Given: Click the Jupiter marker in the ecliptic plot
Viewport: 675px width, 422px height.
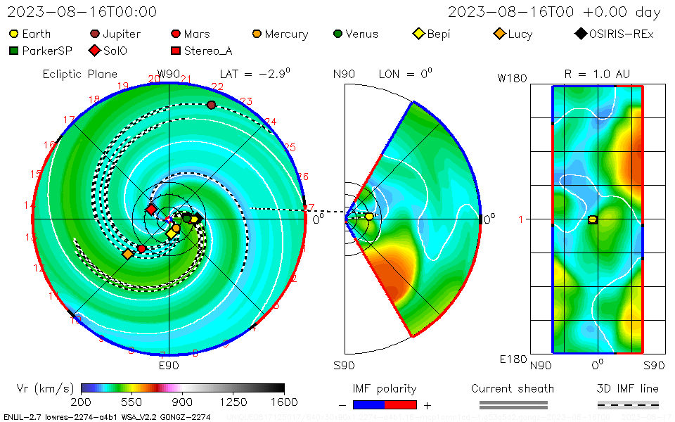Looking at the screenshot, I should click(211, 105).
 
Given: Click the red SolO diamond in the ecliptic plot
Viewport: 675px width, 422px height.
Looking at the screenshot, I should click(151, 209).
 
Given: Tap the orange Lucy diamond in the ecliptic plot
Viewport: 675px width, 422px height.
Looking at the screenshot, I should click(128, 254).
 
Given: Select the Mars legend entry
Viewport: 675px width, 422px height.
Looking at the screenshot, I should click(191, 34).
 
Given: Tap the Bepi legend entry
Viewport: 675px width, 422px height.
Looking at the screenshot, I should click(433, 34).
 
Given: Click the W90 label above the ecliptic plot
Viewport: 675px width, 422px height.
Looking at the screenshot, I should click(169, 74).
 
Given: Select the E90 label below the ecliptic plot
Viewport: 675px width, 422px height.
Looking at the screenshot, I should click(169, 366).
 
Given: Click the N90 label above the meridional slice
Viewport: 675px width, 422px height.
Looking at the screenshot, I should click(344, 74).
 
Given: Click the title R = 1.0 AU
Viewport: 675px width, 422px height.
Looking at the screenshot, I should click(597, 74).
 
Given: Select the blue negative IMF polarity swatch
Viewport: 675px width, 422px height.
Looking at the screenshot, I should click(368, 404).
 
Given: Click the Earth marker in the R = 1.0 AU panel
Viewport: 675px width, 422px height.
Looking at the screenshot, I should click(593, 219).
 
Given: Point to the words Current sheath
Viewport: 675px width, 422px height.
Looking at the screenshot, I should click(513, 388).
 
